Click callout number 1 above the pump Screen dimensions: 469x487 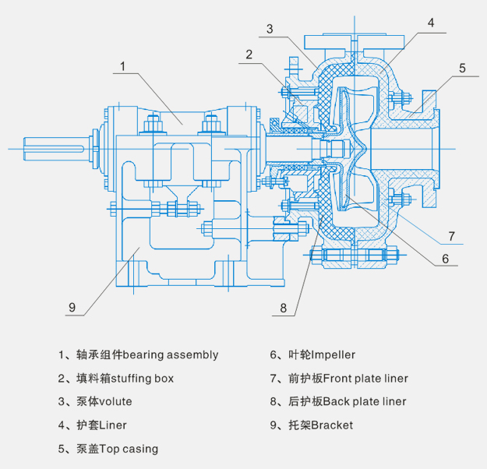[x=122, y=66]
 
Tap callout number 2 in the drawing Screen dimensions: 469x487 [x=249, y=55]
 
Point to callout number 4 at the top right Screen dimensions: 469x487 [x=429, y=23]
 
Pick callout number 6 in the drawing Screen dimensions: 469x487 [x=445, y=258]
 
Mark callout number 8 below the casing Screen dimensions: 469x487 [x=284, y=307]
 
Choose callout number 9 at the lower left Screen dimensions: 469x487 [x=72, y=307]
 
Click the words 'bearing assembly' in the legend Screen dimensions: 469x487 [x=171, y=355]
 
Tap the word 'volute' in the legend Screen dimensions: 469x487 [x=115, y=402]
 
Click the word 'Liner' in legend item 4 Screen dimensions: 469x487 [x=111, y=425]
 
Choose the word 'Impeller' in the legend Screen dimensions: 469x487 [x=333, y=355]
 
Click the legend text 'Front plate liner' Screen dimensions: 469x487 [x=366, y=379]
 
